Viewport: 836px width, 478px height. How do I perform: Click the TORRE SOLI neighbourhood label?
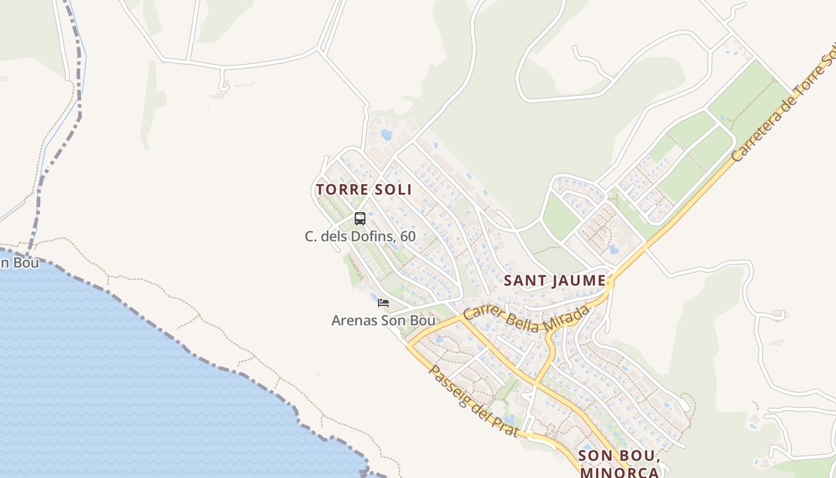point(364,189)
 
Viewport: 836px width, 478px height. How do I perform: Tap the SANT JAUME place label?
point(555,280)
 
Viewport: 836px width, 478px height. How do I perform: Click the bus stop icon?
point(359,219)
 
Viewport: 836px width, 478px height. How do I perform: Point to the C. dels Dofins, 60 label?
point(360,236)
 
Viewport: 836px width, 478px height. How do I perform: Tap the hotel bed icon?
point(383,303)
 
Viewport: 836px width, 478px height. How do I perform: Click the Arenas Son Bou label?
point(383,320)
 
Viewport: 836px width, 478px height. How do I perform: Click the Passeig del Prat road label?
point(472,400)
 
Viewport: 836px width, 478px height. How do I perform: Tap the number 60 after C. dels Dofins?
point(408,236)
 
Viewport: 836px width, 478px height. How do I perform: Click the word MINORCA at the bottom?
point(619,473)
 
